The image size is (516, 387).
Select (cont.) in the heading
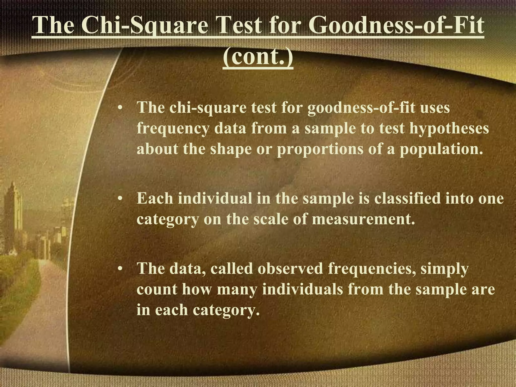click(x=258, y=58)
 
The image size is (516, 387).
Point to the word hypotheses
click(x=449, y=129)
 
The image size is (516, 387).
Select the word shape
click(x=231, y=149)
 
